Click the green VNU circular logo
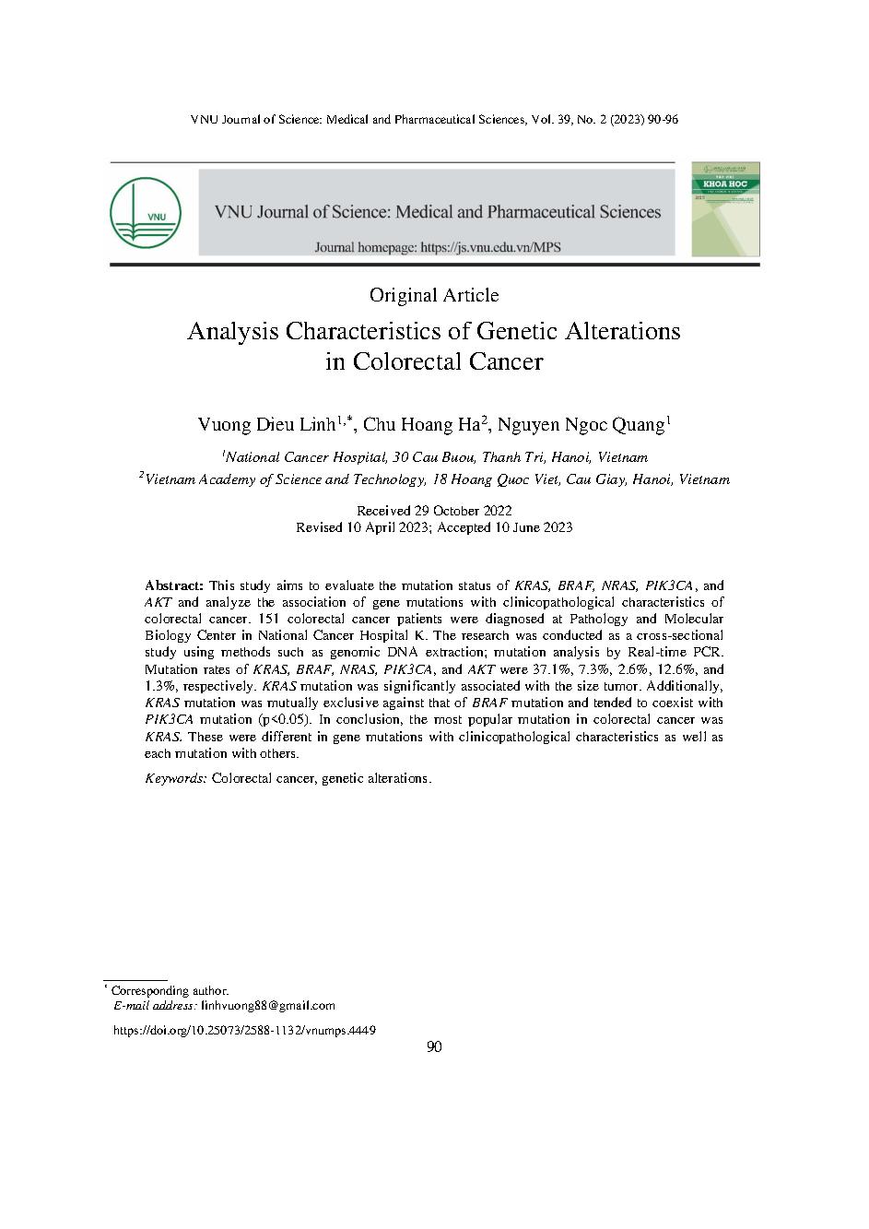click(145, 211)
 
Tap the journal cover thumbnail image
click(725, 209)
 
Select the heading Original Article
click(434, 295)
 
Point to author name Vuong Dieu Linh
click(270, 424)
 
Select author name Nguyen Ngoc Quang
click(581, 424)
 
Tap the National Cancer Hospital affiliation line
click(436, 457)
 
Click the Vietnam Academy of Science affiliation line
click(436, 479)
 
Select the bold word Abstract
click(174, 585)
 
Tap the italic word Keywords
click(176, 778)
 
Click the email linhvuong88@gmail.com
click(268, 1006)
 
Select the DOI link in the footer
click(243, 1031)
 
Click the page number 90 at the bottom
click(435, 1047)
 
